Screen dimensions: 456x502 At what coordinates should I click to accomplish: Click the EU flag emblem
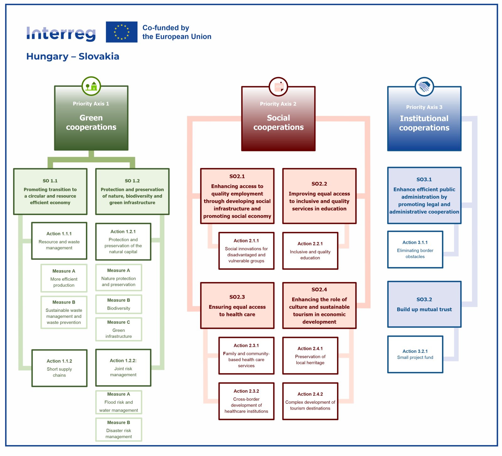pos(121,32)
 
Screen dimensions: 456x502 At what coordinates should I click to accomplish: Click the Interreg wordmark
pos(61,34)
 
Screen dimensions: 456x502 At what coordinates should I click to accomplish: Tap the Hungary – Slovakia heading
pos(72,56)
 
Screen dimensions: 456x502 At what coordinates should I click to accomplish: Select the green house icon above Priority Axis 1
pos(91,86)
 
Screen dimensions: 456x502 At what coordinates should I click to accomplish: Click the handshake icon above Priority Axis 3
pos(424,86)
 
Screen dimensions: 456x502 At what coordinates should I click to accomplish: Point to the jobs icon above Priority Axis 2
pos(278,87)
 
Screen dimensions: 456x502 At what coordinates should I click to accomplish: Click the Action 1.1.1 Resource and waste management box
pos(59,241)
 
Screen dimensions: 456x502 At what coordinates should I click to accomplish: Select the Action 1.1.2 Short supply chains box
pos(59,368)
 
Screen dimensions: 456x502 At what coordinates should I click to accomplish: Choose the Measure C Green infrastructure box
pos(119,329)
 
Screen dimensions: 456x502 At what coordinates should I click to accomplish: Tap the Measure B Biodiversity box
pos(119,304)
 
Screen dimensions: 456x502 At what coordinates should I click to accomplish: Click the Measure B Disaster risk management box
pos(119,429)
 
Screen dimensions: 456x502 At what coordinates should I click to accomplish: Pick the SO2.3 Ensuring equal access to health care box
pos(237,306)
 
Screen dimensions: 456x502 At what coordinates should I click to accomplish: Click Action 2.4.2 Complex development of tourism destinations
pos(310,401)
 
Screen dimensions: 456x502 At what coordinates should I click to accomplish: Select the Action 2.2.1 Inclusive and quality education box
pos(310,251)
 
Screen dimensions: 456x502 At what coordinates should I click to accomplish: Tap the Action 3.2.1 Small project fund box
pos(415,354)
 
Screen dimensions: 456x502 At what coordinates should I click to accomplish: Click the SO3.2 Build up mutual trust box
pos(424,304)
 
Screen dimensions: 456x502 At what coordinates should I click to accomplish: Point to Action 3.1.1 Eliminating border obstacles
pos(415,249)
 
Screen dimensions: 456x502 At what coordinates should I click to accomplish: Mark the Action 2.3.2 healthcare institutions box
pos(246,401)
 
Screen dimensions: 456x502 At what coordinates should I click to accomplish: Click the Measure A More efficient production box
pos(64,278)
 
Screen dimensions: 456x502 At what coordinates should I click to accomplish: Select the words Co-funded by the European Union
pos(177,32)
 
